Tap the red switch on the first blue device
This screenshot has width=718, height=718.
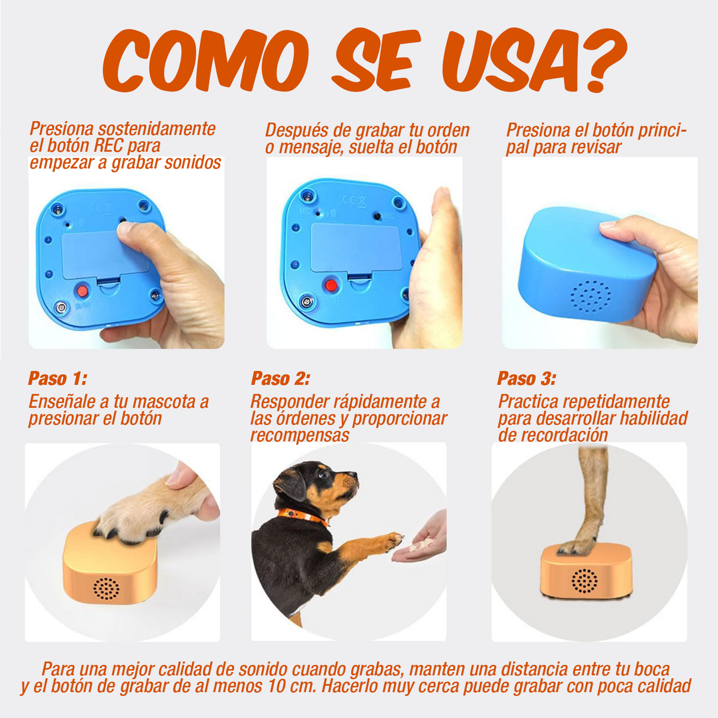[x=82, y=290]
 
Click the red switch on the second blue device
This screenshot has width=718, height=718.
[x=330, y=285]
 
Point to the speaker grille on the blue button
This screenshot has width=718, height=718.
[x=591, y=297]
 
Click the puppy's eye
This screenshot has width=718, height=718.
[x=321, y=474]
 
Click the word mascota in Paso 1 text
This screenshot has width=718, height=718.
[x=163, y=401]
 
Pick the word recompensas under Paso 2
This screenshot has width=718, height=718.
[x=300, y=435]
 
